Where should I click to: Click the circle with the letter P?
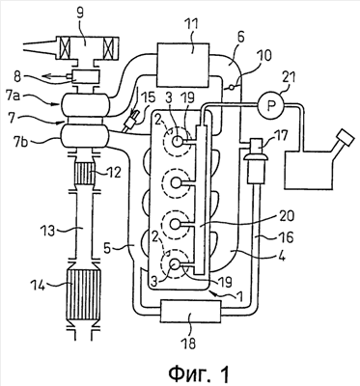(x=271, y=105)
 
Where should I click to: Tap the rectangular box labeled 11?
(x=182, y=66)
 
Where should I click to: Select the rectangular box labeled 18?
(x=191, y=311)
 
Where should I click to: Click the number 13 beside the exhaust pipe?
(x=48, y=231)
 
